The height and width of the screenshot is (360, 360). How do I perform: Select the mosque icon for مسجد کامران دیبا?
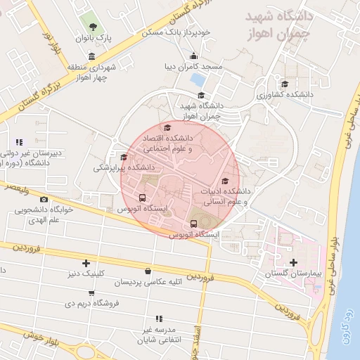[193, 57]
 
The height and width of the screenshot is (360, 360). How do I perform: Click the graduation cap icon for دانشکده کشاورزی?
[283, 84]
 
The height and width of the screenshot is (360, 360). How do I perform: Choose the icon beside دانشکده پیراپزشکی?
[124, 157]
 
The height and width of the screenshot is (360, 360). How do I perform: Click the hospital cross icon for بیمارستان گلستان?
[292, 262]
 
